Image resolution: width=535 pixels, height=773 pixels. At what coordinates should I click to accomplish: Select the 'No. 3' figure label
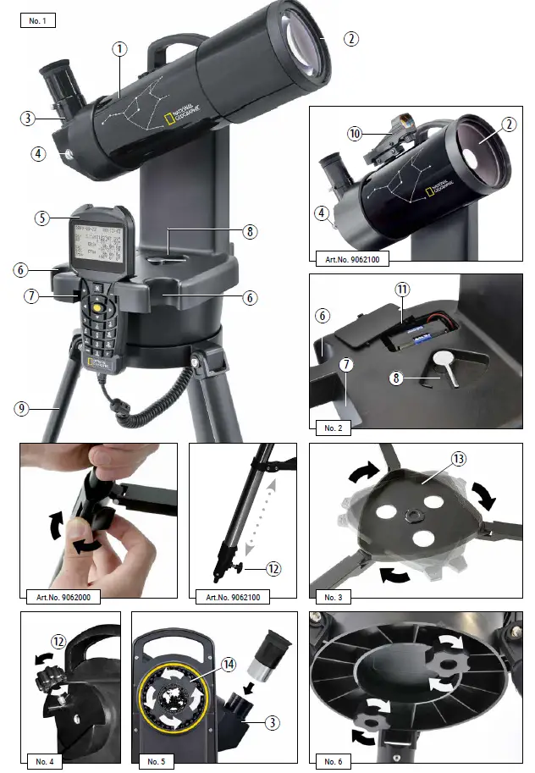pos(332,597)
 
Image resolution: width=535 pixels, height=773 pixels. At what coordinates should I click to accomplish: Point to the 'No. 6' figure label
pos(332,761)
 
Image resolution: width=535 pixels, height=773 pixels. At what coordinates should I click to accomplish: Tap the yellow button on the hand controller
pos(99,310)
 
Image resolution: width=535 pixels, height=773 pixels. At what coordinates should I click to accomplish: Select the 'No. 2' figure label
pos(332,428)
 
